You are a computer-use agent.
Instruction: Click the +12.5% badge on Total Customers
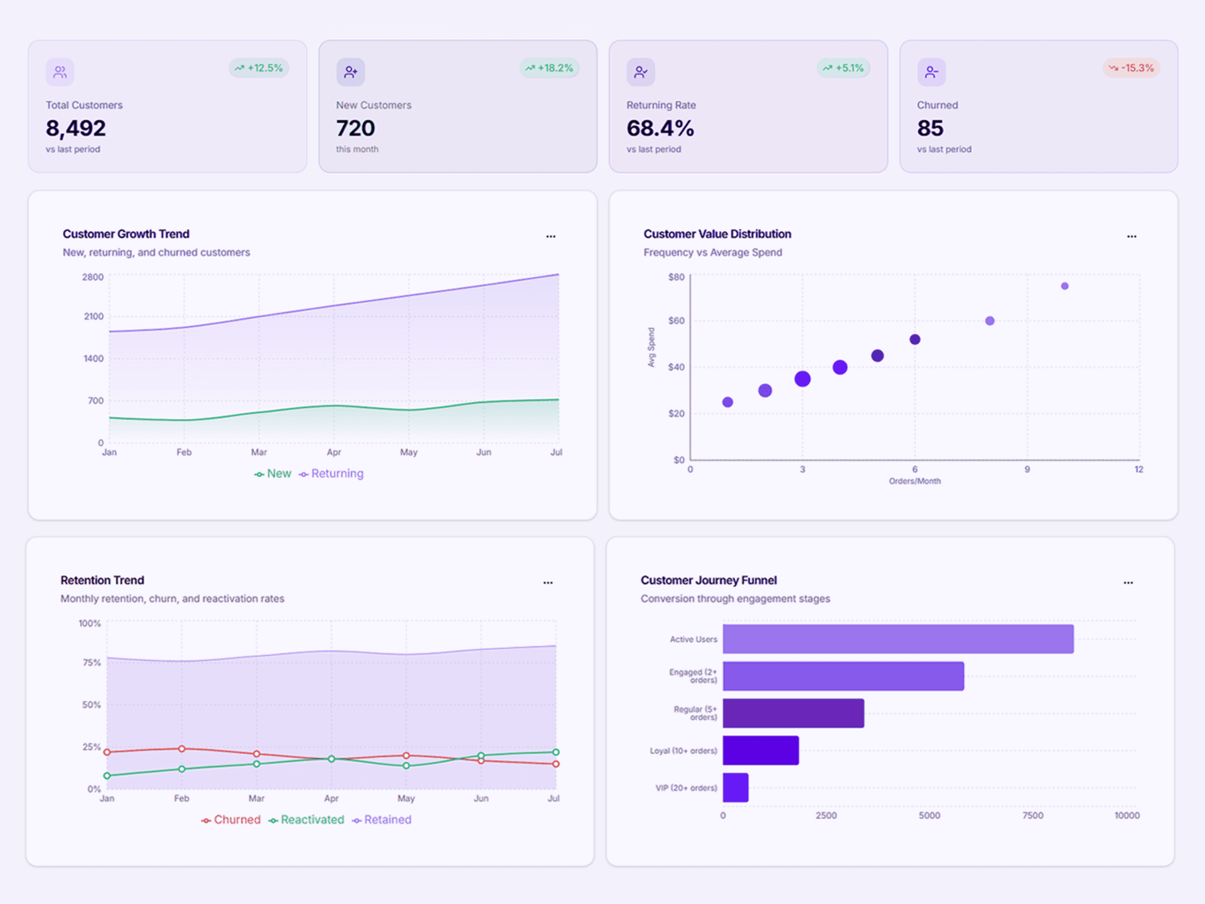point(259,68)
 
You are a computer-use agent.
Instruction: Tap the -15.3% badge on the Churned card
point(1131,68)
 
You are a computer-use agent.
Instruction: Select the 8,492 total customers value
point(76,128)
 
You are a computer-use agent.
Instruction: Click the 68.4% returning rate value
point(660,128)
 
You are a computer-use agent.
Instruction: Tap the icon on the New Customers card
point(350,72)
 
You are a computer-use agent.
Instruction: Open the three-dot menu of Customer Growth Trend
point(550,237)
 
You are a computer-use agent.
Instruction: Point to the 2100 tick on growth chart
point(94,316)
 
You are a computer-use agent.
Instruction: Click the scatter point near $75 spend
point(1064,286)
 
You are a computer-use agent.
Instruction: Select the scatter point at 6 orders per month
point(915,340)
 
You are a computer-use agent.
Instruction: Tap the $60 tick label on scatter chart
point(676,321)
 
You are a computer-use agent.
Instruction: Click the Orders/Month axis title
point(914,481)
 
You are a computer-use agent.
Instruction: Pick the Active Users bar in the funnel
point(897,639)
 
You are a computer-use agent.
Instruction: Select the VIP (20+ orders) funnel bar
point(736,787)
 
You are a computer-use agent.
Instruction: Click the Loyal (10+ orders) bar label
point(683,751)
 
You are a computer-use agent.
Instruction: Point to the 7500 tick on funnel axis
point(1032,815)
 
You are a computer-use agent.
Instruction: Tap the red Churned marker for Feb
point(182,748)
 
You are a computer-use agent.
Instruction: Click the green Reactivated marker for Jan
point(107,776)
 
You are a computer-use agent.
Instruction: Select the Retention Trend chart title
point(102,580)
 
